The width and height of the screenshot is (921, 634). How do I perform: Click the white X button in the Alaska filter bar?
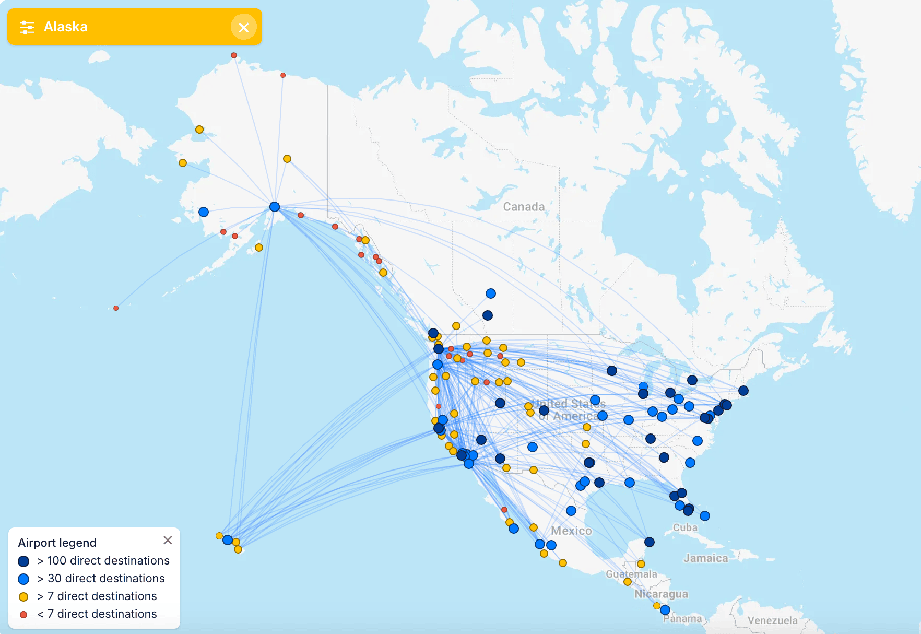pyautogui.click(x=243, y=27)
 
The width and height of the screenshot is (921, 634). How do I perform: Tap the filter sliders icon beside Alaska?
pyautogui.click(x=27, y=27)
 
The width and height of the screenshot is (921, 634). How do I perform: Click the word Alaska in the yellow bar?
pyautogui.click(x=65, y=27)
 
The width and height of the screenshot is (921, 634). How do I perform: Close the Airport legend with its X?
pyautogui.click(x=168, y=540)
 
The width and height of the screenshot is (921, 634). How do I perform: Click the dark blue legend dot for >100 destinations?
pyautogui.click(x=23, y=561)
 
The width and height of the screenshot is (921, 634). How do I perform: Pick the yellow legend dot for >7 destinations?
pyautogui.click(x=23, y=596)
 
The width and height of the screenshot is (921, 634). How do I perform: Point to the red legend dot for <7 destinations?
pyautogui.click(x=23, y=614)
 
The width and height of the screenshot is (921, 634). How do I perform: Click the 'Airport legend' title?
pyautogui.click(x=57, y=543)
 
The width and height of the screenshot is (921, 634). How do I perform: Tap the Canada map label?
pyautogui.click(x=524, y=207)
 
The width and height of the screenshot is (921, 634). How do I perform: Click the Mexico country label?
pyautogui.click(x=571, y=531)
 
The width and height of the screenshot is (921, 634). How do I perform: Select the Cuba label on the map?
pyautogui.click(x=685, y=527)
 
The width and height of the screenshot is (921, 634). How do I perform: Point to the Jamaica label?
pyautogui.click(x=705, y=558)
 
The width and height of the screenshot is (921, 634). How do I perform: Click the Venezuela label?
pyautogui.click(x=772, y=620)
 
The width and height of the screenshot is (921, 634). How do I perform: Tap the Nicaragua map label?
pyautogui.click(x=661, y=594)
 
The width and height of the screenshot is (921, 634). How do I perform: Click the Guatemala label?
pyautogui.click(x=631, y=574)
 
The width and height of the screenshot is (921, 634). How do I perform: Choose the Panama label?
pyautogui.click(x=682, y=619)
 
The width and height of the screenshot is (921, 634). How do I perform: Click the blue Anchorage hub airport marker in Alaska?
pyautogui.click(x=275, y=207)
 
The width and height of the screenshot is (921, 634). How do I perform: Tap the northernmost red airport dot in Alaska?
pyautogui.click(x=234, y=55)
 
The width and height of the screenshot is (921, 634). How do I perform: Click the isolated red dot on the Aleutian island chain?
pyautogui.click(x=116, y=308)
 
